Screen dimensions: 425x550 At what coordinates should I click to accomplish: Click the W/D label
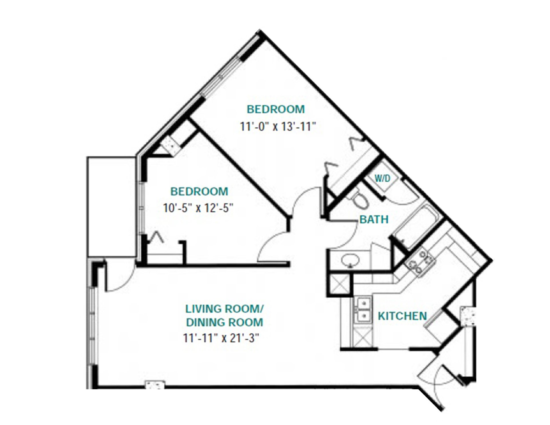click(382, 179)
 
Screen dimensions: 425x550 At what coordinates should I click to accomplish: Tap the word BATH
click(374, 220)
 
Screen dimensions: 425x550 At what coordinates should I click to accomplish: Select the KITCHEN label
click(402, 316)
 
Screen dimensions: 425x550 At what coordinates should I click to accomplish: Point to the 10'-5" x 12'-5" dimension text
click(198, 208)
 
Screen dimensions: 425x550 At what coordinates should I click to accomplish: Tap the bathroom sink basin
click(350, 261)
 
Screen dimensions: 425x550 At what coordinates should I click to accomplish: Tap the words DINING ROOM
click(225, 322)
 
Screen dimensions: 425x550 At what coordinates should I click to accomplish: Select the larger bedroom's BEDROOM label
click(276, 109)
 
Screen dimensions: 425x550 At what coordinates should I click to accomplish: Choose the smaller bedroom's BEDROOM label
click(199, 191)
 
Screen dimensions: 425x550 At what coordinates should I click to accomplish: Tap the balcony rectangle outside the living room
click(111, 206)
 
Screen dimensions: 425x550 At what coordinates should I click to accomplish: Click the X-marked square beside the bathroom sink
click(340, 284)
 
